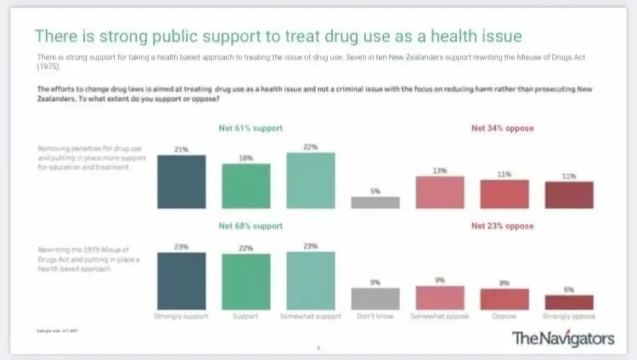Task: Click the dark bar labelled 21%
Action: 181,181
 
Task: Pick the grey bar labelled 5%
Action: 375,202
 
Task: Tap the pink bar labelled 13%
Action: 439,192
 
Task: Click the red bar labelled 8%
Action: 504,299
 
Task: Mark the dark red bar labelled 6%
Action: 568,302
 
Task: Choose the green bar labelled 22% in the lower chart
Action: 246,281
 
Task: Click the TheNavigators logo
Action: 562,338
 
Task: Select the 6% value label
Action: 568,290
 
